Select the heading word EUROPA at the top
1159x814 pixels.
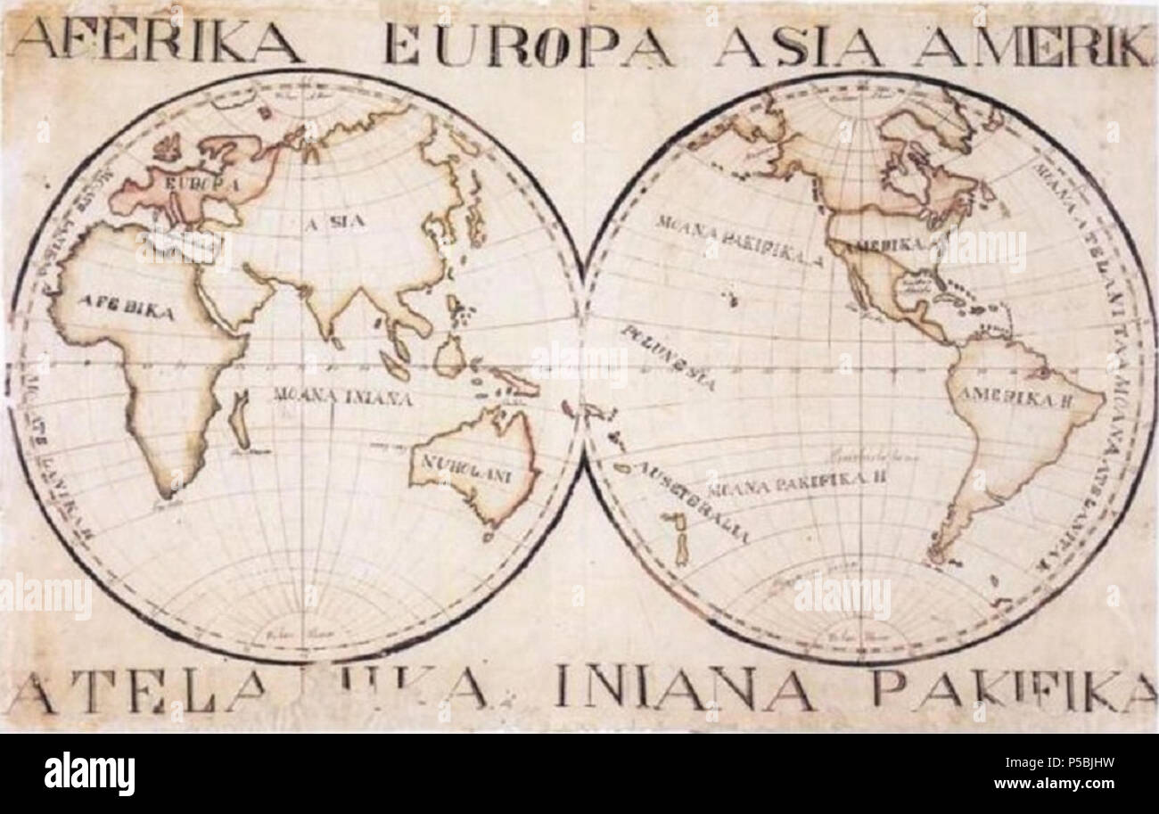tap(528, 44)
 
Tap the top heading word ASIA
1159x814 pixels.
tap(798, 44)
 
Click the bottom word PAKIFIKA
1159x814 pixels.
tap(1013, 689)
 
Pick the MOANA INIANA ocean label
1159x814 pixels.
tap(342, 398)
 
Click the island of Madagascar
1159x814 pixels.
tap(238, 419)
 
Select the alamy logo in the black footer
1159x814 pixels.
tap(89, 774)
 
